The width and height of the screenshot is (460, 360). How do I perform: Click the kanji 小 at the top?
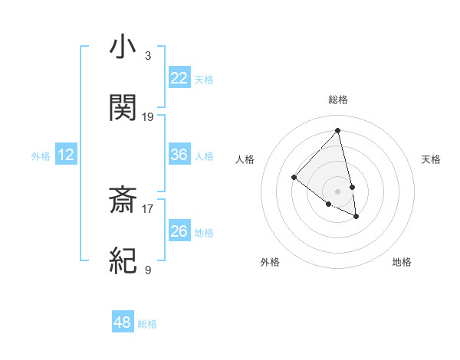click(123, 47)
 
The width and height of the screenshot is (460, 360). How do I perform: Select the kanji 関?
click(123, 107)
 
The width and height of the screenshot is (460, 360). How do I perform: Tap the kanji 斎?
click(123, 201)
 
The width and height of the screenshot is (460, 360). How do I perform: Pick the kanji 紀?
click(123, 261)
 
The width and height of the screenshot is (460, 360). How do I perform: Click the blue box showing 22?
click(179, 78)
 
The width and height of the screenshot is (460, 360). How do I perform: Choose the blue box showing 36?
click(179, 155)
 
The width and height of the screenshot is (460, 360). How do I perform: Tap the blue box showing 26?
click(179, 231)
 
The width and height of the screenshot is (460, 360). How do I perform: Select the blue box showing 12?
click(66, 155)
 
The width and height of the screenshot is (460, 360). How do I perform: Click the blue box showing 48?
click(123, 322)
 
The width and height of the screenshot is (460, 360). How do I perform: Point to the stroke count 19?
click(148, 117)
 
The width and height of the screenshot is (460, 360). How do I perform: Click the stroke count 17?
click(148, 207)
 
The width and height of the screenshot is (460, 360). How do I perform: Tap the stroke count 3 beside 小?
click(148, 55)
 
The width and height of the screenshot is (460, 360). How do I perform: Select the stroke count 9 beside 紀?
click(148, 270)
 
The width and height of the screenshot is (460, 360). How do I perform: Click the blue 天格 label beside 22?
click(204, 79)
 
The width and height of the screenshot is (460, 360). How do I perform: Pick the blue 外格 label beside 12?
click(41, 155)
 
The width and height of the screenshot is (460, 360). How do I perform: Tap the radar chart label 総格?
click(338, 100)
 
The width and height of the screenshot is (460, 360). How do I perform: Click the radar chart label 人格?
click(245, 159)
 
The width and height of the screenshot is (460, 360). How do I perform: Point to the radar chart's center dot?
click(337, 191)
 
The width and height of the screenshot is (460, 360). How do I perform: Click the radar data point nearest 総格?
click(337, 130)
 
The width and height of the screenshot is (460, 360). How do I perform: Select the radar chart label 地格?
click(402, 262)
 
